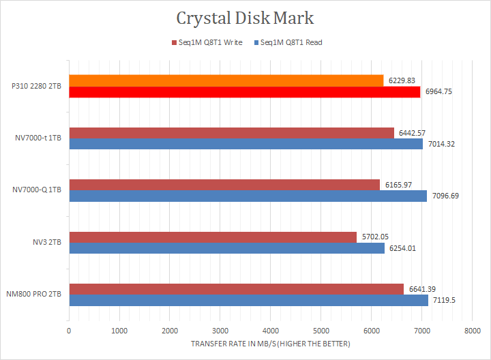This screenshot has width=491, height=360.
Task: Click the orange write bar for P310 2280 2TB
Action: click(x=226, y=80)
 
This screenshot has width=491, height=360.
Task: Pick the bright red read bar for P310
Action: click(x=244, y=92)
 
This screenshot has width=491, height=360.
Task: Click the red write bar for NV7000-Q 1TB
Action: click(x=224, y=185)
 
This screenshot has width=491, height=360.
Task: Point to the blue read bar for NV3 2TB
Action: click(x=226, y=248)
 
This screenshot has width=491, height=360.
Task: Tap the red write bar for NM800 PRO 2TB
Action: click(x=236, y=289)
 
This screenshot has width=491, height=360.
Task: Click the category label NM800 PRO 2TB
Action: click(x=34, y=295)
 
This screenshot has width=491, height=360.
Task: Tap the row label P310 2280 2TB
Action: click(x=35, y=87)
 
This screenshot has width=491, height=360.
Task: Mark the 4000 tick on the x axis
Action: click(x=270, y=331)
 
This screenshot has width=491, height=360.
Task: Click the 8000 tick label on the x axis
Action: click(x=471, y=331)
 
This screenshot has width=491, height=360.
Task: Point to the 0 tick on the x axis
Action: click(x=69, y=331)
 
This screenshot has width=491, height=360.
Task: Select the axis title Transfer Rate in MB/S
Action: click(x=271, y=344)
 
